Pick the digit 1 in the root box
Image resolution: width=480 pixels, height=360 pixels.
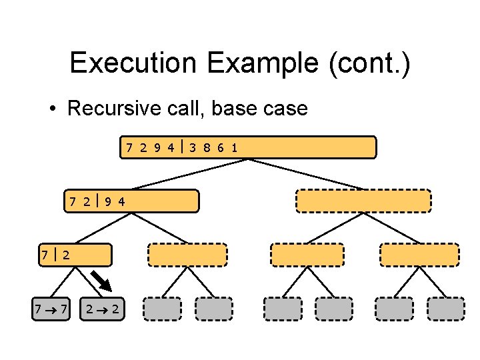point(234,147)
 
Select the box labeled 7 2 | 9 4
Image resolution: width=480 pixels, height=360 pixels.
point(132,201)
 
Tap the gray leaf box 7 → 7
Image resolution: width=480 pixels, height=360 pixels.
point(51,309)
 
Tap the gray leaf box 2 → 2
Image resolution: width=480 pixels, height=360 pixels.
point(102,309)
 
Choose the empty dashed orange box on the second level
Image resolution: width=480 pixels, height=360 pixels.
point(363,201)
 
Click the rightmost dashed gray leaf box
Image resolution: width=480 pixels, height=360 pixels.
point(445,309)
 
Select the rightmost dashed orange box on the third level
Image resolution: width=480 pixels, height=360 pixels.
point(419,255)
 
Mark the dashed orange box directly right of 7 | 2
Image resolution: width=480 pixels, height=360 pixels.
point(187,255)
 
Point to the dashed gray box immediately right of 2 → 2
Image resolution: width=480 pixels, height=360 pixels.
point(161,309)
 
